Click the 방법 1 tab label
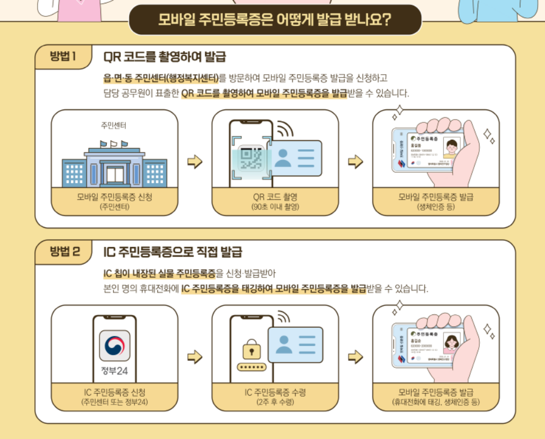62,57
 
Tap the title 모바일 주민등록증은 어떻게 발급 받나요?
275,21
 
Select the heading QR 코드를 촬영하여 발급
165,57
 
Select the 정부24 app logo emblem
115,345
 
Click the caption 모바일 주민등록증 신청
115,197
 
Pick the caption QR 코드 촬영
275,197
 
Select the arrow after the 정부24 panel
194,356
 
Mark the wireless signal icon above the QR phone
285,130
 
